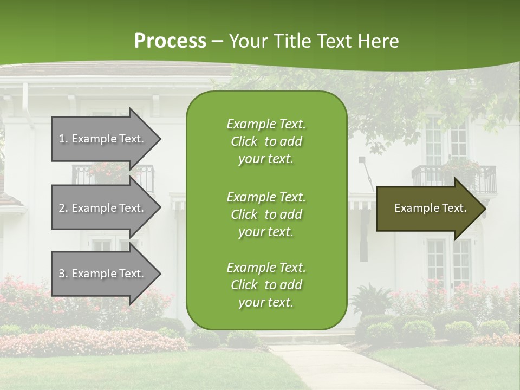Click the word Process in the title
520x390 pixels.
click(170, 41)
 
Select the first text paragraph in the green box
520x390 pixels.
click(266, 141)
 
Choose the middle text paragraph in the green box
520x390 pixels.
click(266, 214)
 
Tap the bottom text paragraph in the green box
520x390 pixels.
click(266, 285)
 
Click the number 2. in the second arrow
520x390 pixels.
click(63, 208)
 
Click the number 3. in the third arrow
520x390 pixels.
click(63, 274)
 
